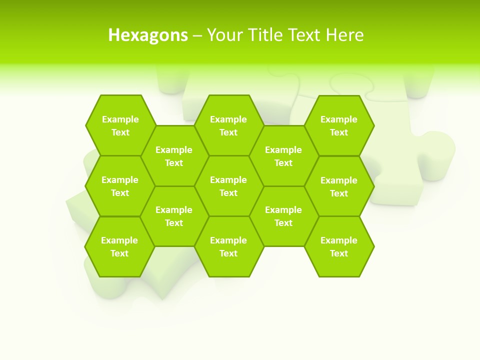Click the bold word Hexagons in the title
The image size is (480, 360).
148,35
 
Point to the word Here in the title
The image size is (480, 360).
344,35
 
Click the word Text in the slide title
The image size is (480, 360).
305,35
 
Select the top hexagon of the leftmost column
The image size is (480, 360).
120,125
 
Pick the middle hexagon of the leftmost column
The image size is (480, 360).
120,186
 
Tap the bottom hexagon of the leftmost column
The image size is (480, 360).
119,246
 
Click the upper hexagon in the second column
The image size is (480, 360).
174,156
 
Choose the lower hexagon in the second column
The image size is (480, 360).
174,216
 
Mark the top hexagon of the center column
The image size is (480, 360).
228,125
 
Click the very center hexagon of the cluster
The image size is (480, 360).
228,186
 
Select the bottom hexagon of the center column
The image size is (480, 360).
228,246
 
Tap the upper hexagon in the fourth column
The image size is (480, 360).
283,156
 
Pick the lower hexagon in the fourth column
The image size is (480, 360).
283,216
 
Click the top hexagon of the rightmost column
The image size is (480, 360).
339,125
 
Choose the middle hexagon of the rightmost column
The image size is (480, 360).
339,186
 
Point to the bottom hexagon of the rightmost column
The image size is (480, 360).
339,246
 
